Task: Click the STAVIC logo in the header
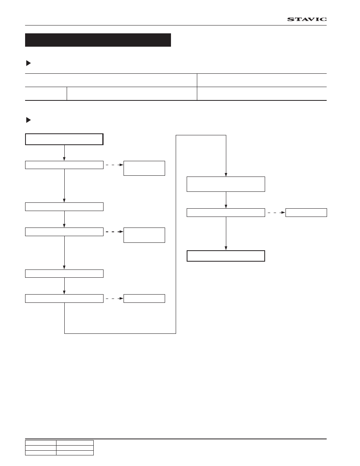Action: click(x=307, y=19)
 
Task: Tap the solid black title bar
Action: click(x=98, y=40)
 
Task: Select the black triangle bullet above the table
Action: click(x=29, y=63)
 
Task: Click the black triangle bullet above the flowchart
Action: click(x=29, y=120)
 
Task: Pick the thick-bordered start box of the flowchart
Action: click(x=64, y=139)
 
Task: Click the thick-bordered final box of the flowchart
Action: click(x=226, y=256)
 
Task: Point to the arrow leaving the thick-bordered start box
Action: click(x=64, y=153)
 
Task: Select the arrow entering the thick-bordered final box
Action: click(x=226, y=234)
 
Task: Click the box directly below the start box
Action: click(x=64, y=165)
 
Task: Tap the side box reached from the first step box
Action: click(x=144, y=168)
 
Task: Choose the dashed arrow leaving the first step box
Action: click(x=115, y=165)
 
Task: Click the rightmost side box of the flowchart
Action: click(x=306, y=213)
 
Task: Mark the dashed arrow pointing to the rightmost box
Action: click(x=276, y=213)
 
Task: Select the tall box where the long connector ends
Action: click(x=226, y=184)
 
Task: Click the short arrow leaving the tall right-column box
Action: click(x=226, y=200)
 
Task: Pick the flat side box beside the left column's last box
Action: click(x=144, y=299)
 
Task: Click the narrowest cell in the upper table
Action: click(x=46, y=94)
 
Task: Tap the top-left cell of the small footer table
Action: click(x=41, y=443)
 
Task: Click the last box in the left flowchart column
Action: click(x=64, y=299)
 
